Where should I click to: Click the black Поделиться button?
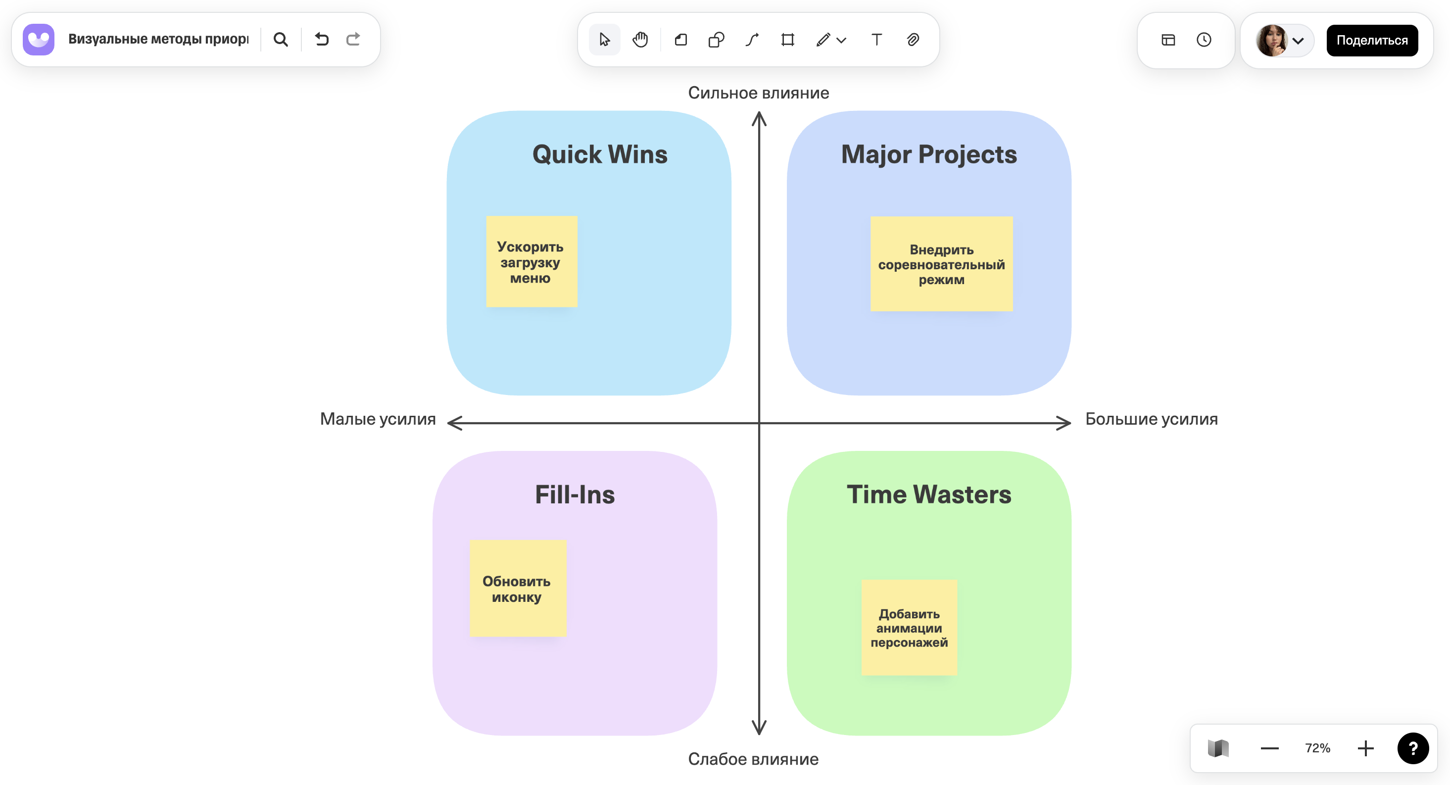1371,41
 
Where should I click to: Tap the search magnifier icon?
280,40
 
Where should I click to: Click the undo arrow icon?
321,40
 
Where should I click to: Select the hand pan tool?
640,40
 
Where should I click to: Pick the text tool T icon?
876,40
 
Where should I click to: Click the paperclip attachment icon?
913,40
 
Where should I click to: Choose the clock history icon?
1204,40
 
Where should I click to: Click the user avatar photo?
1271,41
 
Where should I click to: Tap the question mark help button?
1412,748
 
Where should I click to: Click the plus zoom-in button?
1365,748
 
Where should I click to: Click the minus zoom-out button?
1269,748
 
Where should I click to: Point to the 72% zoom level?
1317,748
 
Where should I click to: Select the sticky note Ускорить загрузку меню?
532,262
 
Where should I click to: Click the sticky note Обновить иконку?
517,589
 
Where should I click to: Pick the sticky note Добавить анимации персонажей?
909,627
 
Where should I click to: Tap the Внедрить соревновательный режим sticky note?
941,264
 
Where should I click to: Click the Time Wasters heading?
929,494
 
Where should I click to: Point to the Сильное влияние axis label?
758,93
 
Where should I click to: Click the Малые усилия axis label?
378,419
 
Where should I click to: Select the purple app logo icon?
39,40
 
